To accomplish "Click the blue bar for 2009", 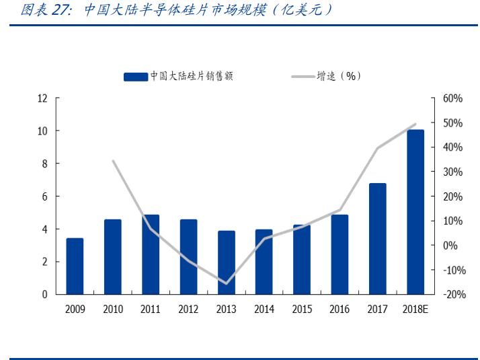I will click(75, 266).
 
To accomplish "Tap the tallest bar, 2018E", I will click(415, 212).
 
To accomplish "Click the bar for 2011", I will click(151, 254).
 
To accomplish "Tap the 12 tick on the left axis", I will click(42, 98).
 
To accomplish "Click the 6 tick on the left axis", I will click(44, 196).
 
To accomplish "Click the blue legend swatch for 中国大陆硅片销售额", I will click(135, 77).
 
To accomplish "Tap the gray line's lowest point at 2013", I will click(227, 283).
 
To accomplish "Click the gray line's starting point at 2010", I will click(112, 161).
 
